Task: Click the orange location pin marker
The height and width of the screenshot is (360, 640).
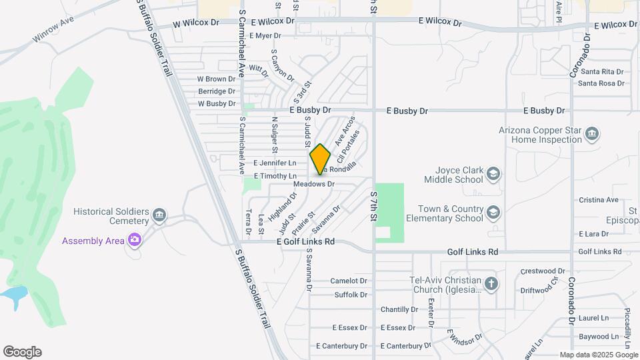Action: point(320,159)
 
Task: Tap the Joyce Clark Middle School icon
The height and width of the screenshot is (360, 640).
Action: point(493,174)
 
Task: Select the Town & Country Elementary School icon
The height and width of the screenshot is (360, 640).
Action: point(493,213)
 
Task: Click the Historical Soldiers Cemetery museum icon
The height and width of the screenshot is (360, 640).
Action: point(159,215)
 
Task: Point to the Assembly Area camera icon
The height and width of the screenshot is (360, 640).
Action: point(135,239)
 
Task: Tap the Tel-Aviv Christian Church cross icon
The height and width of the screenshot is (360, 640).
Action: point(491,284)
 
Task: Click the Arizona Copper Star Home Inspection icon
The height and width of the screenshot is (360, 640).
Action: point(591,135)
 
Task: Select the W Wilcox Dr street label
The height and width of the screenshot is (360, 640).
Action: point(195,22)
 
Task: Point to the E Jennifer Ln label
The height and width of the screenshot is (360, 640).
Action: point(275,163)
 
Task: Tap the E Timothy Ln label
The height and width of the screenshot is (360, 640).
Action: point(275,176)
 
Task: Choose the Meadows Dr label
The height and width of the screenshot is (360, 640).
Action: point(313,184)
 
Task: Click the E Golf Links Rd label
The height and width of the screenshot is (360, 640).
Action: point(305,242)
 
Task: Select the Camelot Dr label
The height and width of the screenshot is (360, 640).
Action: point(349,281)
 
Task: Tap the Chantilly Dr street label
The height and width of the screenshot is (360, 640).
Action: point(399,309)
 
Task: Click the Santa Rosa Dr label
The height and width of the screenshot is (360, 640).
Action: point(601,83)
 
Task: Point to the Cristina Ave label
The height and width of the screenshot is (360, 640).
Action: point(599,200)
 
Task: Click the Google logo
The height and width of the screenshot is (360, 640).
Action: point(22,352)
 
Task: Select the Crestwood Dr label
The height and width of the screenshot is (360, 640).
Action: point(543,271)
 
